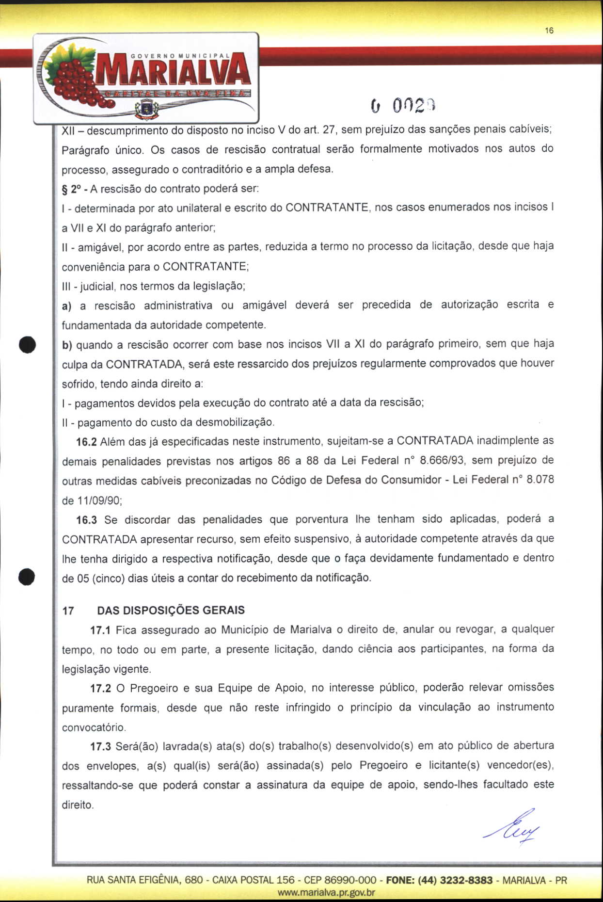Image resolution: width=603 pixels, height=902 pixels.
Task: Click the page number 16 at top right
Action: [x=549, y=31]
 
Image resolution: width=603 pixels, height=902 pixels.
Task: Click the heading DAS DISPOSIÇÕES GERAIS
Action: [x=171, y=610]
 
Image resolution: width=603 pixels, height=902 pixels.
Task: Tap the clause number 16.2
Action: [x=87, y=442]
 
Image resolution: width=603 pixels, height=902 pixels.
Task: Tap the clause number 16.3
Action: [x=87, y=520]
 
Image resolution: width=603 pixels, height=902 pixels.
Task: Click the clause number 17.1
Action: [x=101, y=630]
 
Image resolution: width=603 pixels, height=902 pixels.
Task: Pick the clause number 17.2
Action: [x=101, y=688]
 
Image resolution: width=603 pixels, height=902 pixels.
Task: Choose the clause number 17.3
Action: [x=101, y=746]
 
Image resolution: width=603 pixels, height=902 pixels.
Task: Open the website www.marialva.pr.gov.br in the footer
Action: [x=326, y=892]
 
